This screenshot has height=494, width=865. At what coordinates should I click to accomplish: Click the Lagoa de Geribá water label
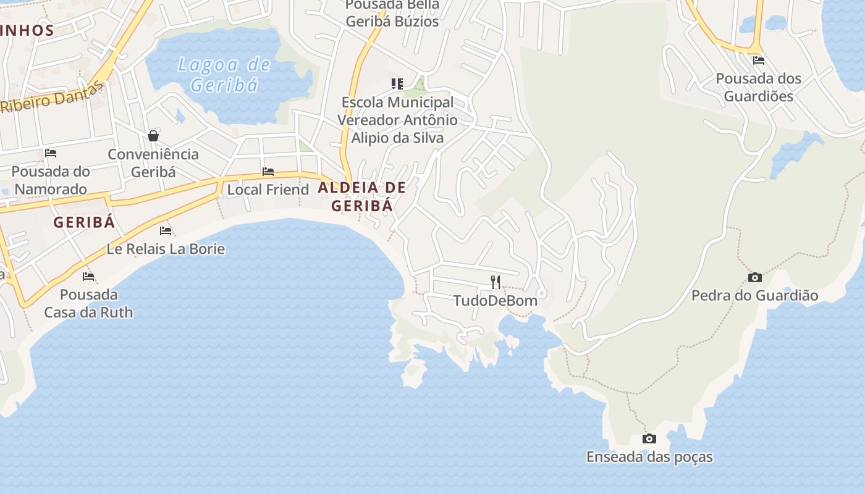[x=224, y=74]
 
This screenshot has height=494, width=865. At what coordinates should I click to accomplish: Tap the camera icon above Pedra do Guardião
[x=754, y=278]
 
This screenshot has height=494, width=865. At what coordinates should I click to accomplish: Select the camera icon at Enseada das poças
[x=649, y=439]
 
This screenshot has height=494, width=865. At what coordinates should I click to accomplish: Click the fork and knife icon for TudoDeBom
[x=495, y=282]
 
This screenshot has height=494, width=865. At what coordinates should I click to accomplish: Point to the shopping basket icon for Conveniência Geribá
[x=153, y=136]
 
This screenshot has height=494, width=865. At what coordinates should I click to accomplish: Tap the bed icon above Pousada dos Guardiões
[x=759, y=61]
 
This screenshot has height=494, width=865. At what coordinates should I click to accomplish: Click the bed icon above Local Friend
[x=268, y=172]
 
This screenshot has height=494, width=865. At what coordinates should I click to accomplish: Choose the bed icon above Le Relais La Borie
[x=166, y=231]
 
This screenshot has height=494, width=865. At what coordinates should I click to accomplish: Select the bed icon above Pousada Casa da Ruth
[x=88, y=276]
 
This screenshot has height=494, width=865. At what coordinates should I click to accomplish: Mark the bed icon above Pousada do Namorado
[x=51, y=153]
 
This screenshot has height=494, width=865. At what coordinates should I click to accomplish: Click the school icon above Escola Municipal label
[x=397, y=83]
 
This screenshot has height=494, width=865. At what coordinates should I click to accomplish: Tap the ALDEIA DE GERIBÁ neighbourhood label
[x=362, y=196]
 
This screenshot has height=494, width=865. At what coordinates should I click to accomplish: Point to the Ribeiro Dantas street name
[x=52, y=97]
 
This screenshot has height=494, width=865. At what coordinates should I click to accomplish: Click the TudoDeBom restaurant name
[x=495, y=301]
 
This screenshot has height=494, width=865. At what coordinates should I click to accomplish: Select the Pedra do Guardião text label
[x=754, y=296]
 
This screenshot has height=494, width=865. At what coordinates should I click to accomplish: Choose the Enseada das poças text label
[x=649, y=458]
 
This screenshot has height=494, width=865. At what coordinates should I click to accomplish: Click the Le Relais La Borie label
[x=166, y=249]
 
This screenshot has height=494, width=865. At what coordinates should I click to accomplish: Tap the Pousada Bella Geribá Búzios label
[x=392, y=13]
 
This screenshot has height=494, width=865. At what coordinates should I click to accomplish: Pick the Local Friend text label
[x=268, y=190]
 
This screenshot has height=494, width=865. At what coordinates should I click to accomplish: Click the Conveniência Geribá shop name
[x=153, y=163]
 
